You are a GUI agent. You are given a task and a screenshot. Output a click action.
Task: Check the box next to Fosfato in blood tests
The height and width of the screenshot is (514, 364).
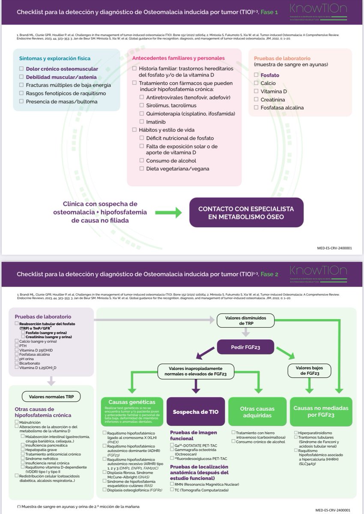256,75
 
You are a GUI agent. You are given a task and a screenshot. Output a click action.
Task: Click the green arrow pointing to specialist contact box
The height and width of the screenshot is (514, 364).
168,212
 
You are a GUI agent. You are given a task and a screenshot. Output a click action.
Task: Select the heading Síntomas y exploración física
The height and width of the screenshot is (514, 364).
55,58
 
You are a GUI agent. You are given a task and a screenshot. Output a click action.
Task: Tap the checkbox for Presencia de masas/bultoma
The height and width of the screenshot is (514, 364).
21,102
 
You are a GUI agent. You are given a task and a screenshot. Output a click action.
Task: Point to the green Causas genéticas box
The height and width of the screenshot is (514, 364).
132,402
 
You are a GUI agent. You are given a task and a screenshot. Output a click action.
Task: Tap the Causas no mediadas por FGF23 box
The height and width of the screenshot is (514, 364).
321,412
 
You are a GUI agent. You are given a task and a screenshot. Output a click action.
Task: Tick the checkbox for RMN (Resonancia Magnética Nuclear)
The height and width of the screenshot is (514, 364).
172,484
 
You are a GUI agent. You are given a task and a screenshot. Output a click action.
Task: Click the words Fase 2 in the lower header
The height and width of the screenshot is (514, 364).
270,275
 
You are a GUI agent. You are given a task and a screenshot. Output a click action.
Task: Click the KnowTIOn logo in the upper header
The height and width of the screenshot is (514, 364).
318,9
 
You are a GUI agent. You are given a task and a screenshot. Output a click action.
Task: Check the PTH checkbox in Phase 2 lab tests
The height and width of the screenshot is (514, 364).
16,346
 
